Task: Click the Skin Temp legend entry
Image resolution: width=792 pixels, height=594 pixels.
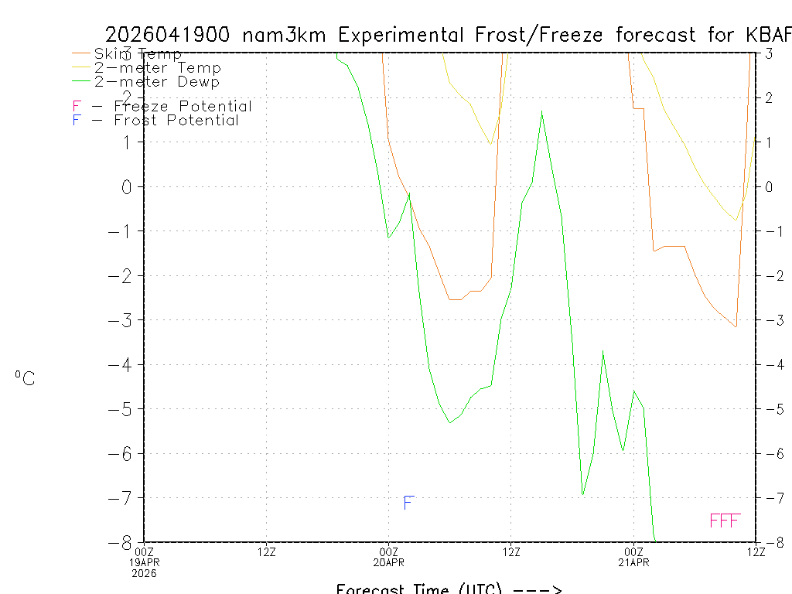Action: click(x=138, y=54)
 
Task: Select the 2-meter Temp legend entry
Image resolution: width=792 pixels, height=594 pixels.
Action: click(x=157, y=68)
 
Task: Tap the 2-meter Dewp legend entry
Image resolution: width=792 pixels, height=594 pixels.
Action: click(x=156, y=82)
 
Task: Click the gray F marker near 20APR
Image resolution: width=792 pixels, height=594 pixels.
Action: click(x=409, y=504)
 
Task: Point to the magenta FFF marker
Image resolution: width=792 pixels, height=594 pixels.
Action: click(x=725, y=521)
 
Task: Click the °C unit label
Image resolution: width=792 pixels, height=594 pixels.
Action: click(x=25, y=379)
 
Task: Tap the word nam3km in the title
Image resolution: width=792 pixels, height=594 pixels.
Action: click(x=286, y=35)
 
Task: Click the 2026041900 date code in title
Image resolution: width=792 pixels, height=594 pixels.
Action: click(x=167, y=35)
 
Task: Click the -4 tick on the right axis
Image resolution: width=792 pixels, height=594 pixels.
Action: click(x=772, y=364)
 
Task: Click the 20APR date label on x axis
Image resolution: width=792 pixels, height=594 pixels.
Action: click(x=388, y=562)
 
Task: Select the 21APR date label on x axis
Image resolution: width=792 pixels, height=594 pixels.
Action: click(x=634, y=562)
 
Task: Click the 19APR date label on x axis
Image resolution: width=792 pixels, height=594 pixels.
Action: click(x=145, y=562)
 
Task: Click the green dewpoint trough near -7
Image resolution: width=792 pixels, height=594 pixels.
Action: click(x=582, y=494)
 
